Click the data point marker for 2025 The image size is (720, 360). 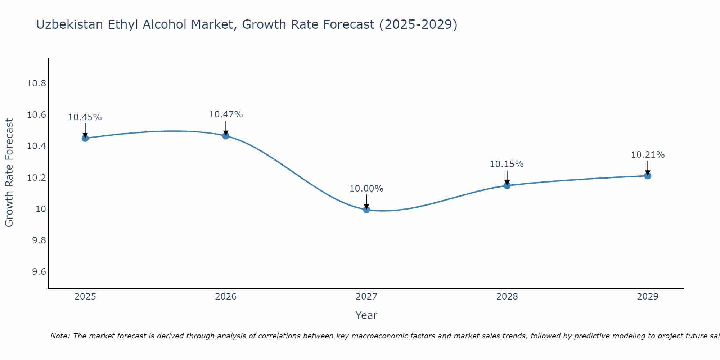[85, 138]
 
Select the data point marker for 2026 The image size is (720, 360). [226, 136]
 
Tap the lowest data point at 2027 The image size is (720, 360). [366, 210]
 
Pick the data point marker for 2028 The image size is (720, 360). [507, 186]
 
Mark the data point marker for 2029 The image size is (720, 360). [648, 176]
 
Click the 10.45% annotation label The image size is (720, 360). [85, 117]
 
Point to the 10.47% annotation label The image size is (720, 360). [226, 114]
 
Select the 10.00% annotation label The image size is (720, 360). [366, 189]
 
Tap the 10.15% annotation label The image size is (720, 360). [507, 164]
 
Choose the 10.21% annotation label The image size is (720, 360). [648, 155]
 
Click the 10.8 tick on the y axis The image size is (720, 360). [36, 84]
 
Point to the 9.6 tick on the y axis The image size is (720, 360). [39, 272]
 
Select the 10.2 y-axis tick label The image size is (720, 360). [36, 178]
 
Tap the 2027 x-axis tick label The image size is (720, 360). [366, 297]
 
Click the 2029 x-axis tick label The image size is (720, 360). [648, 297]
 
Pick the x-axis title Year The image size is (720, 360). [366, 315]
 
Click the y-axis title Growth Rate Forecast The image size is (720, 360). [9, 172]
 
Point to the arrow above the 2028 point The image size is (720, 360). [507, 177]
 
